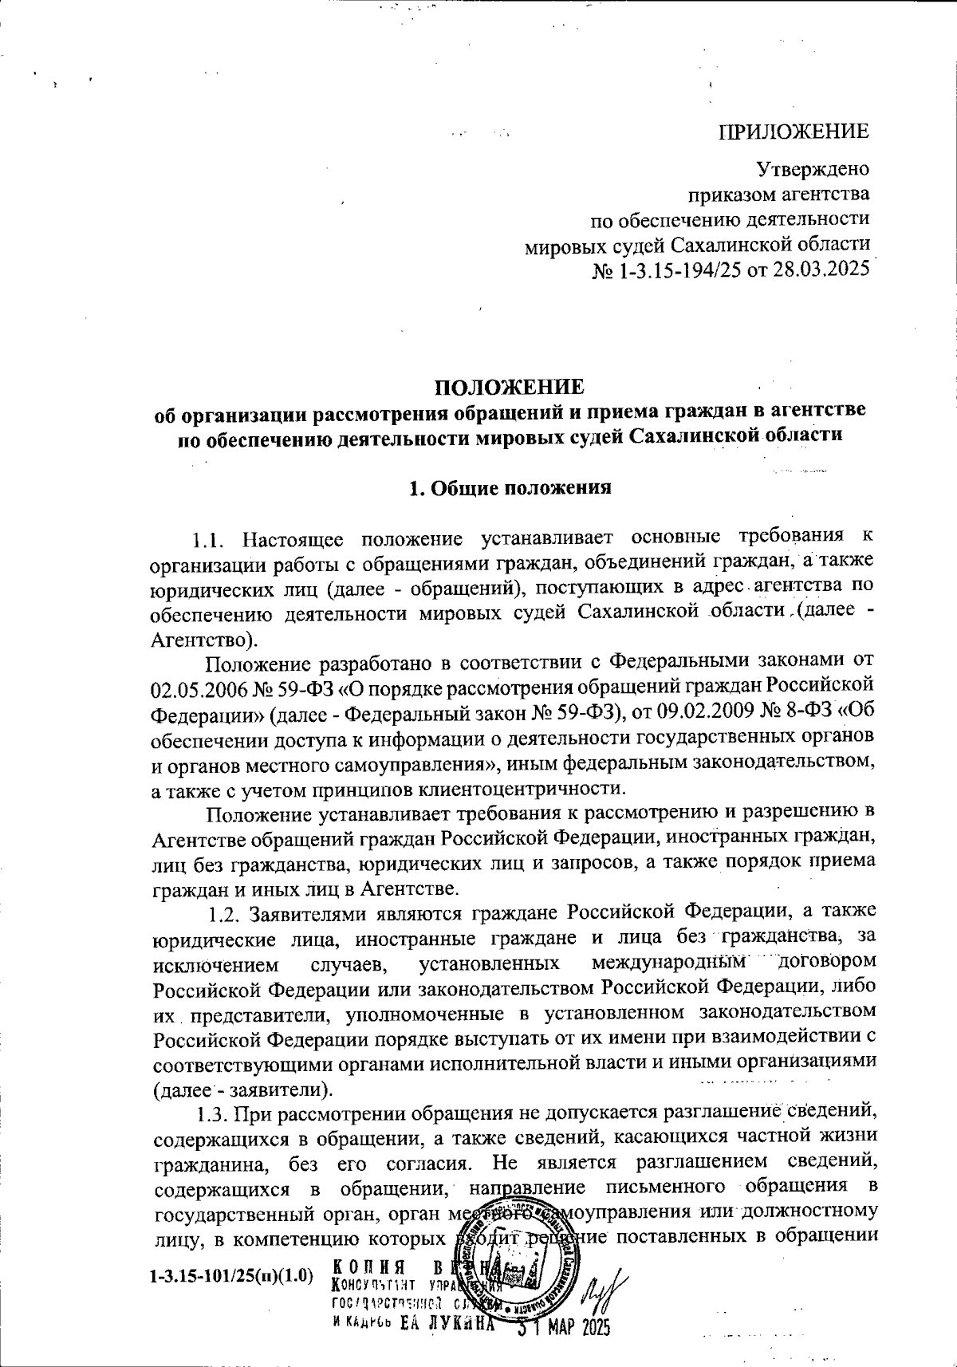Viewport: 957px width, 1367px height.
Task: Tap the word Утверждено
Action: click(813, 170)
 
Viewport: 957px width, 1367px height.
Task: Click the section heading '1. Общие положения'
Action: click(510, 489)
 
